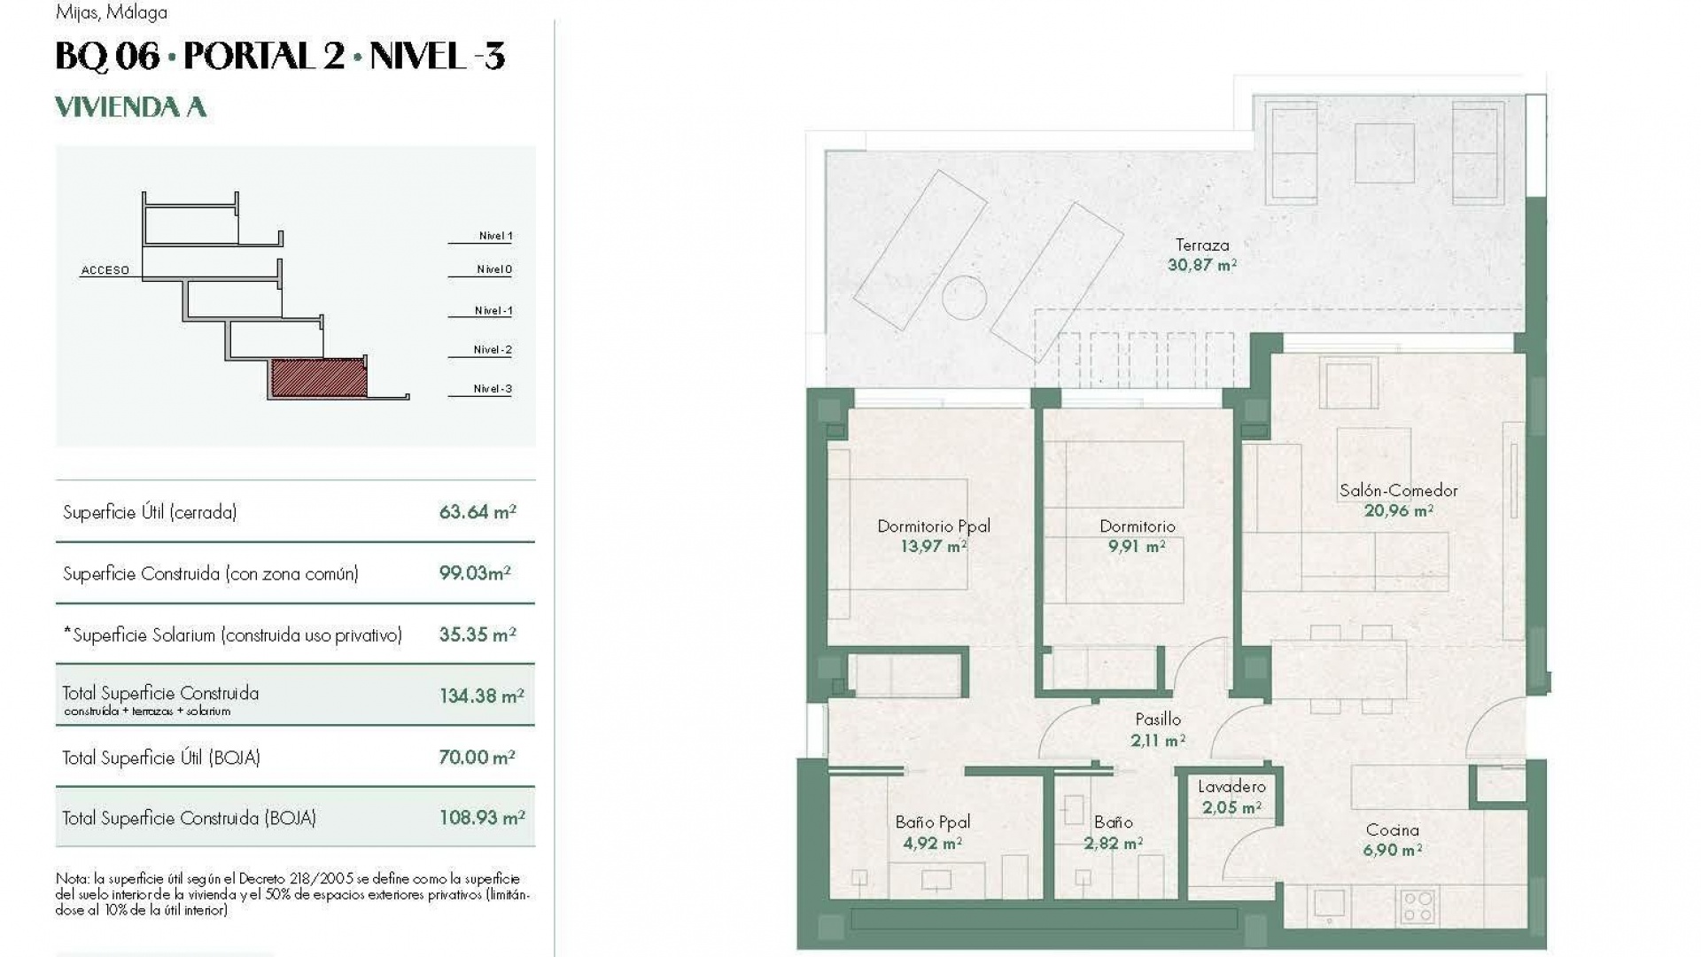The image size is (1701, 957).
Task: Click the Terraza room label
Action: (x=1201, y=245)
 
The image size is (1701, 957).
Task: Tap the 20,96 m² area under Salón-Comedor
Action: (x=1398, y=510)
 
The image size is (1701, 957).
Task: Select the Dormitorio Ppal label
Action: (x=933, y=526)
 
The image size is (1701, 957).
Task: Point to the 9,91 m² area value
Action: (x=1137, y=547)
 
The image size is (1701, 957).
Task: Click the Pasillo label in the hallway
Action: (x=1158, y=720)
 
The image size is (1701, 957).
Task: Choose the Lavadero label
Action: (x=1231, y=787)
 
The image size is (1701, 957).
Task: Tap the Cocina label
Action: (x=1392, y=830)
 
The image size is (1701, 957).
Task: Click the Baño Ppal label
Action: (x=932, y=822)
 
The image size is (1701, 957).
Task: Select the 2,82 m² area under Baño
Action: (x=1113, y=844)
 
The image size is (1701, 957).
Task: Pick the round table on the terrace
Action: (x=965, y=297)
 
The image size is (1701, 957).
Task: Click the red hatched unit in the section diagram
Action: (x=318, y=377)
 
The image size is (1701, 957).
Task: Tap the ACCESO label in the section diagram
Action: (x=105, y=270)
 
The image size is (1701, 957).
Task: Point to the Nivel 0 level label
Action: (x=493, y=269)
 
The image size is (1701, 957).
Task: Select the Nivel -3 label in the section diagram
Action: (x=492, y=389)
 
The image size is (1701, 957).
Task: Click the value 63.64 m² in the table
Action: (x=477, y=512)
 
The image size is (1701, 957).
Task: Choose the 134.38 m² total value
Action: (x=481, y=696)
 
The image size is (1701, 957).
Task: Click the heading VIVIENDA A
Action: (x=130, y=107)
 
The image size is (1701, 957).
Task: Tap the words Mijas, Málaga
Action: (x=111, y=12)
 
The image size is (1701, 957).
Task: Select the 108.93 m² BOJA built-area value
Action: (x=481, y=818)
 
